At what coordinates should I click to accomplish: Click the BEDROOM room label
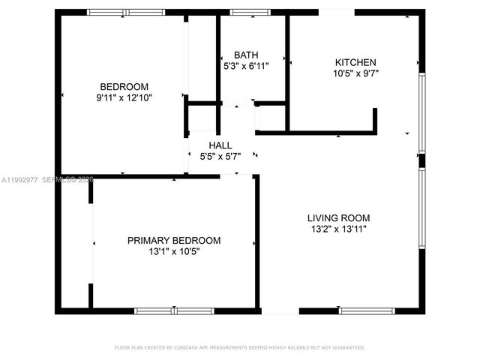click(124, 86)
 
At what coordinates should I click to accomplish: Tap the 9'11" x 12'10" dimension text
click(124, 97)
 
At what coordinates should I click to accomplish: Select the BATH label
click(246, 55)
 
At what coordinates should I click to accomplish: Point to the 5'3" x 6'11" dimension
click(246, 66)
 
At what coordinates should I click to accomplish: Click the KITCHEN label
click(355, 62)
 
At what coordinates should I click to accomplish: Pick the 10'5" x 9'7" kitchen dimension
click(355, 73)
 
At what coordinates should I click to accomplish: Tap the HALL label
click(220, 145)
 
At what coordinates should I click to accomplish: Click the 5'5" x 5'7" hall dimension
click(220, 157)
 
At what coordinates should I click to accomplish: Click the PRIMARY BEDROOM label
click(174, 240)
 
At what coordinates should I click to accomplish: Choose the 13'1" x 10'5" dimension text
click(174, 251)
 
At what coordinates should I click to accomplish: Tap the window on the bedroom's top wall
click(126, 12)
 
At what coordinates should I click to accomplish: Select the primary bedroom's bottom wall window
click(174, 310)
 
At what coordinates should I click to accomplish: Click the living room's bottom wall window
click(367, 310)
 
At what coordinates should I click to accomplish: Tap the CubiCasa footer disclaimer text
click(239, 347)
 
